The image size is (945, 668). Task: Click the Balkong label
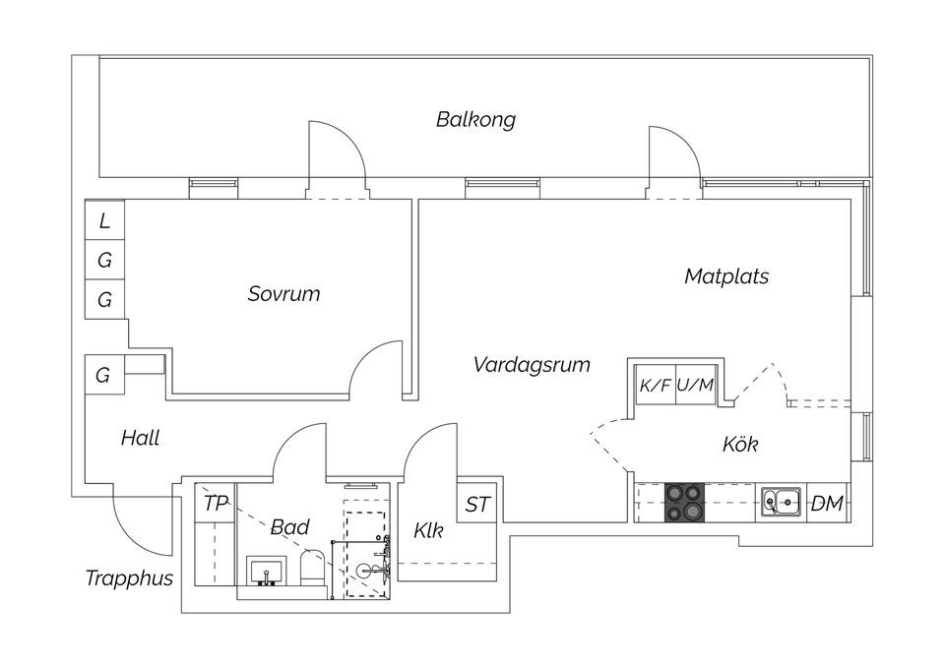[475, 120]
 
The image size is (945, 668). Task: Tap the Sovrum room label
[283, 293]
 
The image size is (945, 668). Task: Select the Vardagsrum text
[532, 365]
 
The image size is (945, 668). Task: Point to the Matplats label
[726, 276]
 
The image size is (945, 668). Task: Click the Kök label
[740, 445]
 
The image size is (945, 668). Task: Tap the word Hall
[140, 438]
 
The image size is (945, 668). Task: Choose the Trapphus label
[129, 577]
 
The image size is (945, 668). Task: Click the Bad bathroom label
[289, 526]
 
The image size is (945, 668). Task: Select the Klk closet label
[428, 531]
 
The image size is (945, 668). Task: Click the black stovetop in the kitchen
[686, 503]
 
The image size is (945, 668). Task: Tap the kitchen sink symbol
[781, 503]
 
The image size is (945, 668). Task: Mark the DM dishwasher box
[827, 504]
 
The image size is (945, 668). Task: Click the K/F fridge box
[655, 385]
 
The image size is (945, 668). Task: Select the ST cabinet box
[478, 504]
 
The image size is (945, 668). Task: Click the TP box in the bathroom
[216, 504]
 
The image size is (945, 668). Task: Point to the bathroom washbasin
[266, 571]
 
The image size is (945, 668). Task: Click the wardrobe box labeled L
[104, 221]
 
